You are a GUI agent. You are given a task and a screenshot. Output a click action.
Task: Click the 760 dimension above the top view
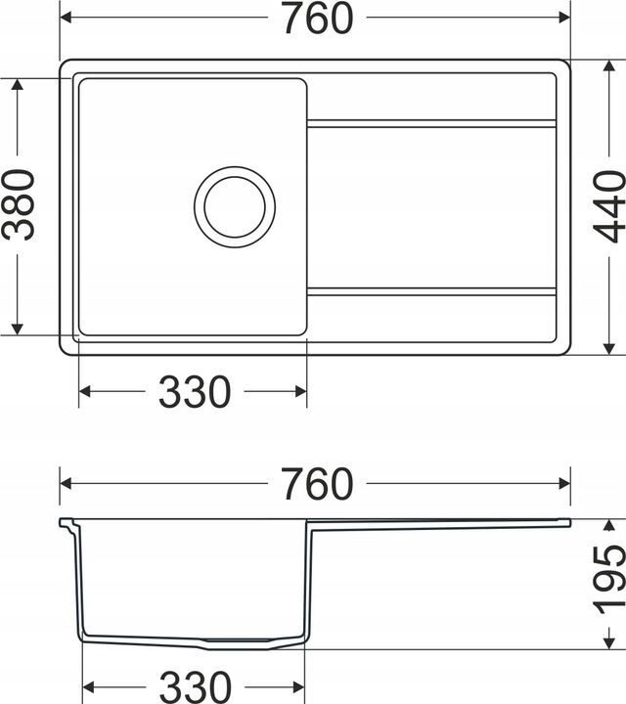pos(318,18)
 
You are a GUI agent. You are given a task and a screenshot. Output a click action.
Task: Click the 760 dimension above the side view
pos(318,484)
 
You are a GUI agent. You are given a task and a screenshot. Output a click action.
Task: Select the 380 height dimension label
pos(18,204)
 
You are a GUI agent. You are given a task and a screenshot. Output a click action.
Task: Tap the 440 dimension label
pos(609,206)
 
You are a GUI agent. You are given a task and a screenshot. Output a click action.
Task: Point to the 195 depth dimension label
pos(609,580)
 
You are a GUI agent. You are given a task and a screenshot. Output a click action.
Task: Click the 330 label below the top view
pos(195,391)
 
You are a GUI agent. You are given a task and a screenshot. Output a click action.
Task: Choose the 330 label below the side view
pos(196,687)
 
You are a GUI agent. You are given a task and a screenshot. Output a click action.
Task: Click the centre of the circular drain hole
pos(235,207)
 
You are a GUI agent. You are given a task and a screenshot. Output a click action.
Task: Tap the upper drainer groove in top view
pos(431,123)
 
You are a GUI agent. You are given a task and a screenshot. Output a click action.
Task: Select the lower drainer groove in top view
pos(431,291)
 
